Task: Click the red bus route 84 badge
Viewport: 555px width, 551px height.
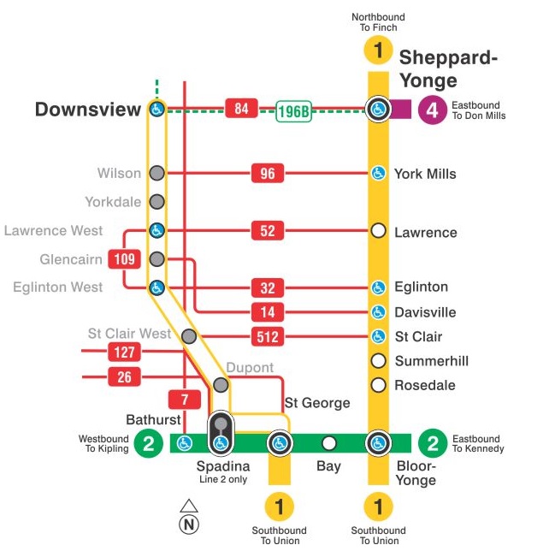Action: coord(242,109)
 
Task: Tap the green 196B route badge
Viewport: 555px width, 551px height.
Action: coord(293,111)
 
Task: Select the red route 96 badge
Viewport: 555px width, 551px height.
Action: coord(268,174)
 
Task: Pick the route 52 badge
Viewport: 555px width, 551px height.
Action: coord(268,231)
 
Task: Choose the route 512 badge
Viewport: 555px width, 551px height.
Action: coord(268,337)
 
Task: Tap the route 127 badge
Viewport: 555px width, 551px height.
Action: coord(124,352)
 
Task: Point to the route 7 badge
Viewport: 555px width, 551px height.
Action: coord(185,400)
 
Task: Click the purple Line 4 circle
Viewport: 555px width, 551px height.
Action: coord(433,110)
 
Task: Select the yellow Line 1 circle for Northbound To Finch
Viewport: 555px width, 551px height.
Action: coord(378,50)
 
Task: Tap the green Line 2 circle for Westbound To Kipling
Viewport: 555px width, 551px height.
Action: coord(149,442)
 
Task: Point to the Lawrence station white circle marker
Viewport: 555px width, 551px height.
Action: coord(378,231)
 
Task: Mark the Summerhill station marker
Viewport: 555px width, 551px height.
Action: coord(378,360)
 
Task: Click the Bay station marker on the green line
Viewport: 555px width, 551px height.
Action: coord(329,443)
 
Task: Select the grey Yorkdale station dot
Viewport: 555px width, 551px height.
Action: coord(156,202)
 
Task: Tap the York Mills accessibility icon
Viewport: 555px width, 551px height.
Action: coord(378,174)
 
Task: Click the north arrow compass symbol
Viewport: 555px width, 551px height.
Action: coord(189,517)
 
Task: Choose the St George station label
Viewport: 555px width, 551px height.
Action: coord(316,402)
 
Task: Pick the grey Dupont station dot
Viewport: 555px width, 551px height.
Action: coord(221,385)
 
